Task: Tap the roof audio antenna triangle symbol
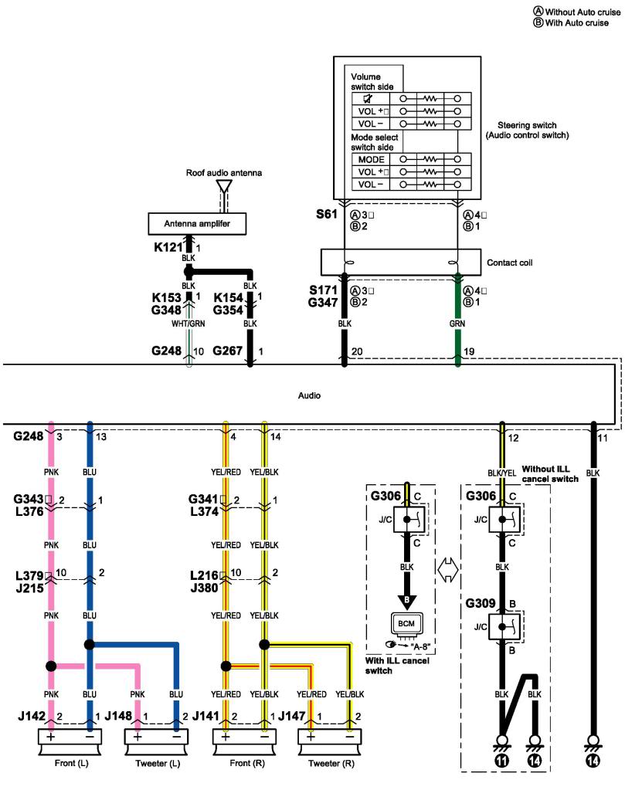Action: pyautogui.click(x=224, y=186)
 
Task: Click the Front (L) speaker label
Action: pyautogui.click(x=71, y=761)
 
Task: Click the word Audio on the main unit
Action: pyautogui.click(x=309, y=395)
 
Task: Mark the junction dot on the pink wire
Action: pyautogui.click(x=51, y=666)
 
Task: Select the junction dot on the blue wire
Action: pyautogui.click(x=90, y=643)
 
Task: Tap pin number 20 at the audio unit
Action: pyautogui.click(x=357, y=352)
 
